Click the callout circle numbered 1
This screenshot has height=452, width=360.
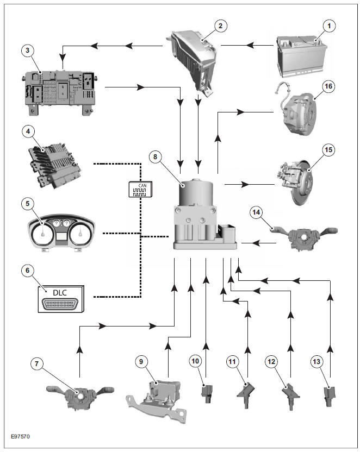pos(327,25)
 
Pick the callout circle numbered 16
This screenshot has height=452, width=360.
pos(328,86)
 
